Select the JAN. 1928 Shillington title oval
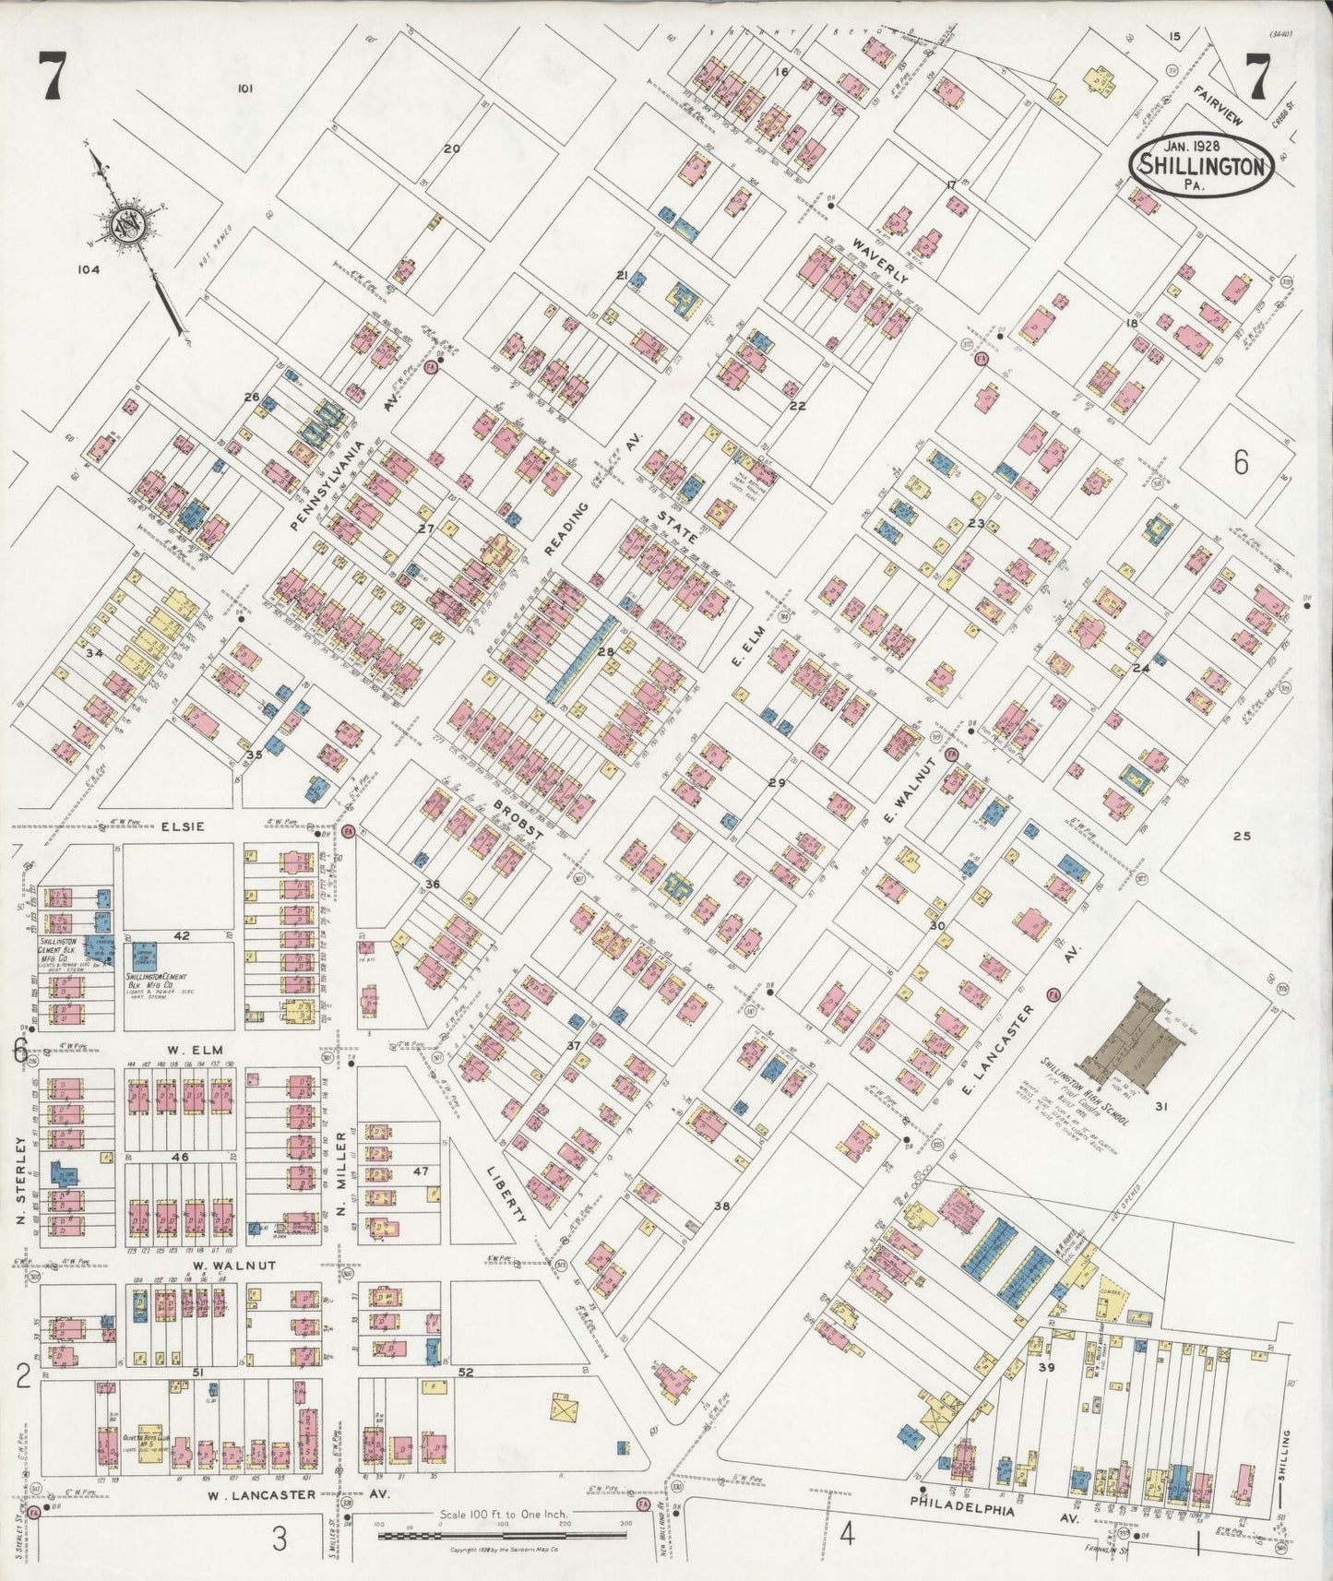point(1201,164)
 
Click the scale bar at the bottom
point(503,1535)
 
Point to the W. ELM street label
point(190,1049)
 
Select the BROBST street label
point(517,819)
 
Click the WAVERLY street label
point(880,259)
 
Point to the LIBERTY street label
point(506,1194)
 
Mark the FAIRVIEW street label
point(1217,105)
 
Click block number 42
point(182,935)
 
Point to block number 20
point(451,149)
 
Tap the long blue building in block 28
point(581,660)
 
